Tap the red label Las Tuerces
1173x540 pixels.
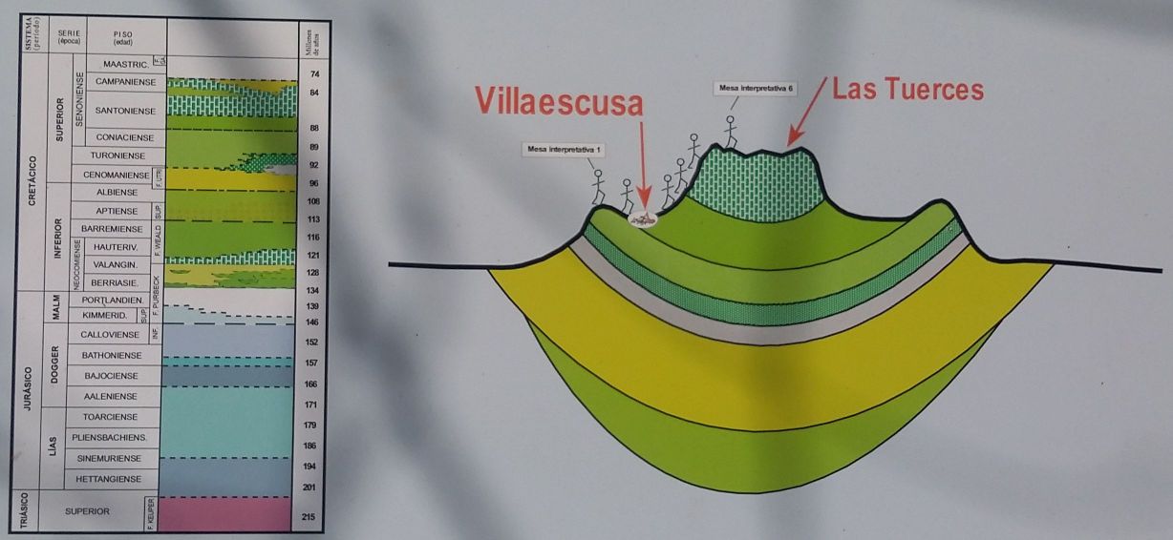tap(907, 90)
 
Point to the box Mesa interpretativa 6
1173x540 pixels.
tap(753, 88)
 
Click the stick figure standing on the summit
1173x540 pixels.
tap(730, 132)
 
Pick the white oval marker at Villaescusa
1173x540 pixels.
tap(645, 220)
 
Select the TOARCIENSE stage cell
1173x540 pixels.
tap(111, 417)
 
